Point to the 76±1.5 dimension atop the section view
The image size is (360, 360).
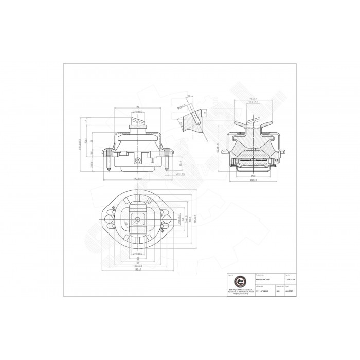[x=253, y=99]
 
